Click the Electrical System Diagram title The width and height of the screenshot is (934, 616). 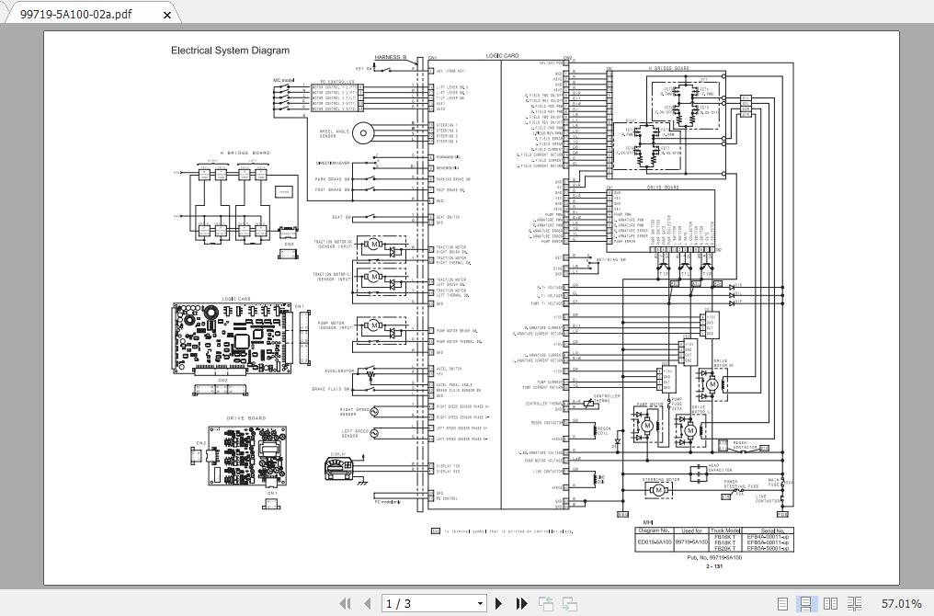(230, 51)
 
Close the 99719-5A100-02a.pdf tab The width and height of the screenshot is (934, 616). (167, 14)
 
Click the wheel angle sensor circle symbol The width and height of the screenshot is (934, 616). (363, 133)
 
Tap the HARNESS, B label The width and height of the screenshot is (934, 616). (391, 57)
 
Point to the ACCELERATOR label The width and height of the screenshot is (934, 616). (339, 371)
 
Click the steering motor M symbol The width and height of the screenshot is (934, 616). (658, 490)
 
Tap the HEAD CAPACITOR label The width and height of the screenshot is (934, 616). (720, 468)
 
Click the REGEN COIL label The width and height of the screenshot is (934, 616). (603, 431)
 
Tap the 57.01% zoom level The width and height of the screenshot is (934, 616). (901, 603)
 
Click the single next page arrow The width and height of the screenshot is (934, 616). (499, 603)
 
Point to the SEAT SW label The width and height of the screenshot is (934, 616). (341, 218)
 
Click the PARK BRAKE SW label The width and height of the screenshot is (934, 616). (333, 179)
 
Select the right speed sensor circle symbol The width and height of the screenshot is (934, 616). (374, 412)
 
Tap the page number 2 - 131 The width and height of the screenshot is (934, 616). (714, 566)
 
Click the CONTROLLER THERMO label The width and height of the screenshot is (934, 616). (543, 404)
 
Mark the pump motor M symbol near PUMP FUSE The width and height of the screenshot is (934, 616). (647, 426)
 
